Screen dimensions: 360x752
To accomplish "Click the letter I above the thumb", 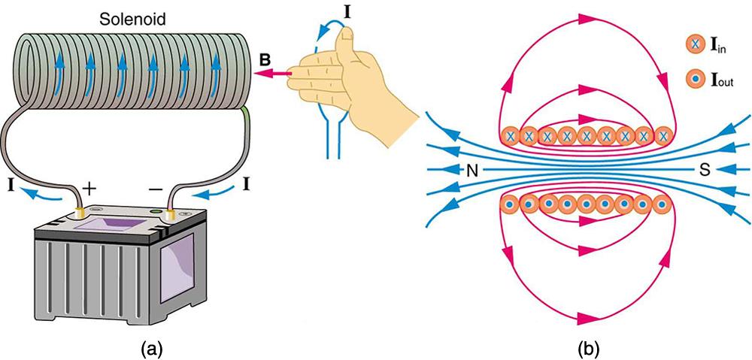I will [347, 11].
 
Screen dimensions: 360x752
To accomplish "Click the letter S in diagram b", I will [705, 171].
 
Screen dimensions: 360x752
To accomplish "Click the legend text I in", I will [722, 47].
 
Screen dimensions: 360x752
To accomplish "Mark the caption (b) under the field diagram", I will [587, 348].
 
